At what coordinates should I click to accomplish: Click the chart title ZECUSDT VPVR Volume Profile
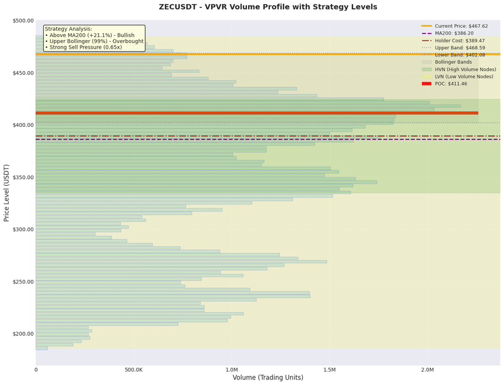point(268,7)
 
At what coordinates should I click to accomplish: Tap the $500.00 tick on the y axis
point(22,21)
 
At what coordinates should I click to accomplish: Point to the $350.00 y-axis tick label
point(22,177)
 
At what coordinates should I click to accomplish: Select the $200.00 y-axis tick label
point(22,334)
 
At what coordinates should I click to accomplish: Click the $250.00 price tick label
point(22,282)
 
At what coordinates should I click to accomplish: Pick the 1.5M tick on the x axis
point(330,369)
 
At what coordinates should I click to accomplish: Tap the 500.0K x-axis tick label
point(134,369)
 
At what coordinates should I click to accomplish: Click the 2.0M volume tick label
point(427,369)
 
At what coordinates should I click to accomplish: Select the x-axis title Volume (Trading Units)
point(268,378)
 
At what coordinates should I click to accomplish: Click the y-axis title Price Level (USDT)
point(7,192)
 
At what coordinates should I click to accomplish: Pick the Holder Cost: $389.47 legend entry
point(459,41)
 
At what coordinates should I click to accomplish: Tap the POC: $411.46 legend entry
point(452,84)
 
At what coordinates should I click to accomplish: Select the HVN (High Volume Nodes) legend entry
point(466,69)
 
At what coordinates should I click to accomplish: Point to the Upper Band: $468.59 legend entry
point(460,47)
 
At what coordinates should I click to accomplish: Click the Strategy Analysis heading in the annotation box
point(69,29)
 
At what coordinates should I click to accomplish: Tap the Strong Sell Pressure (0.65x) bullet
point(85,47)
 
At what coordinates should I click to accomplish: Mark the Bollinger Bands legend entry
point(454,62)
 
